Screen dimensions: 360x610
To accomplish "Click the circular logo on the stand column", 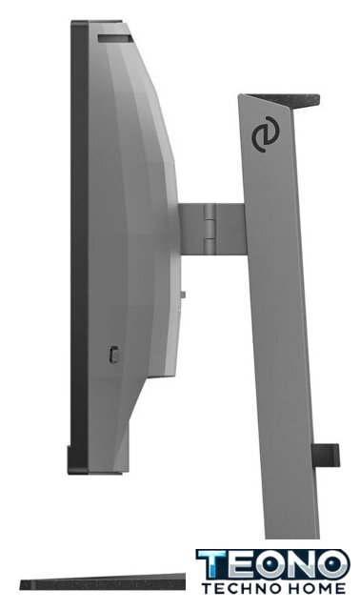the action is point(264,135).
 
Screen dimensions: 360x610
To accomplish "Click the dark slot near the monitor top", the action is point(115,38).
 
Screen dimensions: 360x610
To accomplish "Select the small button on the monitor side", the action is point(114,355).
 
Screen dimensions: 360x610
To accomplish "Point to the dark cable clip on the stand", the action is point(326,456).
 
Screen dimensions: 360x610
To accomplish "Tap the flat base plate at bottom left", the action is point(103,581).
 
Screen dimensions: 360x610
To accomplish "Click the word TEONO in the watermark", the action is point(273,565).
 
